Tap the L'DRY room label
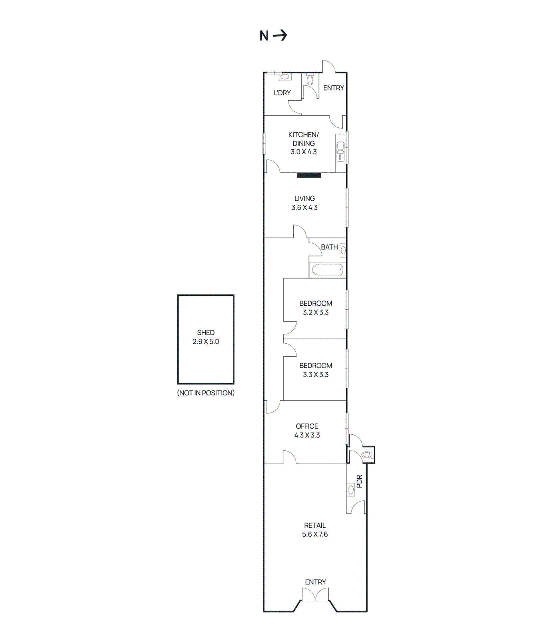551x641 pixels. point(282,93)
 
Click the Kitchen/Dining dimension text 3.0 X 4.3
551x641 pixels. point(303,152)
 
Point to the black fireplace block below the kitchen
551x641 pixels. point(309,175)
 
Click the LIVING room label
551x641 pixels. point(305,198)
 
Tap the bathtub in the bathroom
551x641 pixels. point(327,270)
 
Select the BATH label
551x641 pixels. point(329,247)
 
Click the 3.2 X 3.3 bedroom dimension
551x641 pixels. point(316,312)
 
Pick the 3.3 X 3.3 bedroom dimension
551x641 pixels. point(316,375)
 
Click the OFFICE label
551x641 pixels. point(307,426)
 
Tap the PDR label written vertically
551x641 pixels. point(359,481)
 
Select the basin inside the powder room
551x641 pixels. point(351,490)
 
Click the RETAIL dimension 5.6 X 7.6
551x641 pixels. point(315,534)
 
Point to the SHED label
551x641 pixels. point(206,333)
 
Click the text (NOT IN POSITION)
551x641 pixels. point(206,393)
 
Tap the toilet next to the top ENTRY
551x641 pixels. point(310,80)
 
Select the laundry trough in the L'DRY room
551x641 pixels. point(285,76)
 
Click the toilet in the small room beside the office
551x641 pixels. point(367,455)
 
